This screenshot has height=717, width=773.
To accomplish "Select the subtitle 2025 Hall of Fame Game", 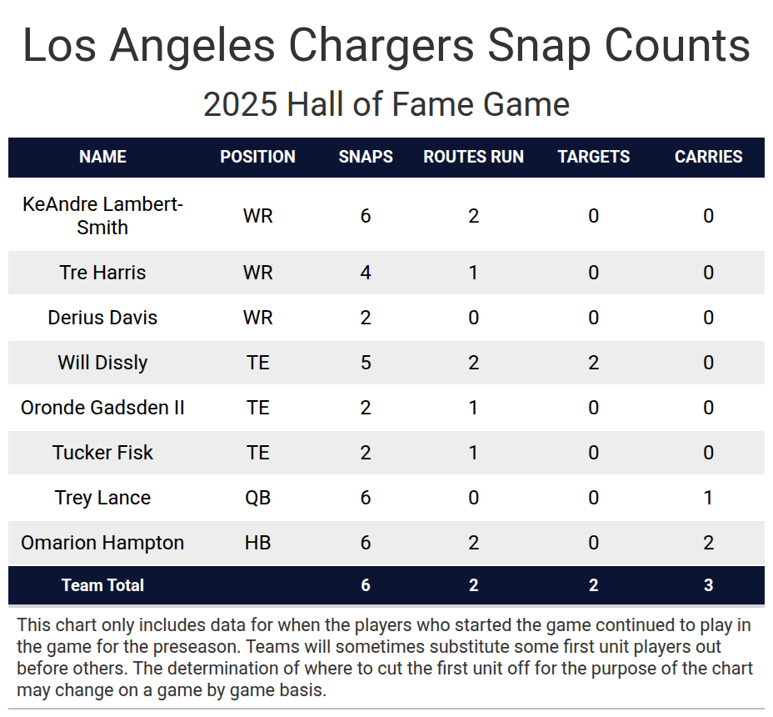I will (386, 105).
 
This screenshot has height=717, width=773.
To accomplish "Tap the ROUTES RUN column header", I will (473, 157).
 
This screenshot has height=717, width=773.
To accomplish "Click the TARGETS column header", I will (593, 157).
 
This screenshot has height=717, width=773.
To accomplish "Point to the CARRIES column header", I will (708, 157).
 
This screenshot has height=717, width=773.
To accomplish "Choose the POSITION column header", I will (257, 157).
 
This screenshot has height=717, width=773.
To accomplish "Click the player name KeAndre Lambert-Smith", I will (102, 216).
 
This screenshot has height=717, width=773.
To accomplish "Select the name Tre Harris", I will (102, 273).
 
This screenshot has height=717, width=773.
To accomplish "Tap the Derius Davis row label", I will (102, 318).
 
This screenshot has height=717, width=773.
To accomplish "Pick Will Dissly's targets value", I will (593, 363).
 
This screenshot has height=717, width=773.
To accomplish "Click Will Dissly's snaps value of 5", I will (366, 363).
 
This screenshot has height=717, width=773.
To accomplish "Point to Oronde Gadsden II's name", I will (102, 408).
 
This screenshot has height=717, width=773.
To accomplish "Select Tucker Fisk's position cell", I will (257, 453).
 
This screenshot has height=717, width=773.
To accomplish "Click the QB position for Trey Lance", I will (257, 498).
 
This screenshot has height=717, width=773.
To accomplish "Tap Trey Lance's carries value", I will (708, 498).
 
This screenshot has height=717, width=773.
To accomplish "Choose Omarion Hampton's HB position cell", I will (257, 543).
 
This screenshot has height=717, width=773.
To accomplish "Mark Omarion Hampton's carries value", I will (708, 543).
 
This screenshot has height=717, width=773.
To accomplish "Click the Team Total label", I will (102, 585).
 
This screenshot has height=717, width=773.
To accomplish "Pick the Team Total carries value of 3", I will (708, 585).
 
